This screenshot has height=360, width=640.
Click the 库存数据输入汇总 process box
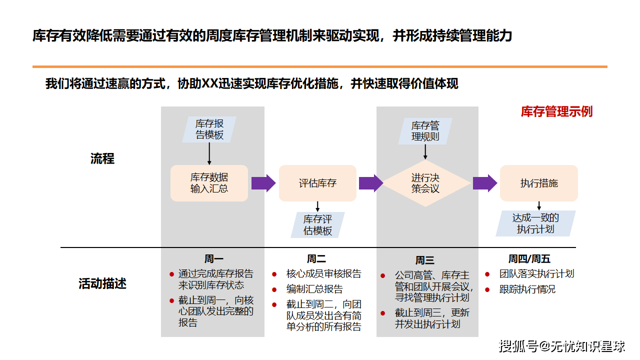(209, 183)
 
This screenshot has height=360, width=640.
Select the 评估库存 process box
(317, 183)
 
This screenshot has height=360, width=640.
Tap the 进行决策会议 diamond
(425, 183)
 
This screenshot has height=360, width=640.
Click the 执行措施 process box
(539, 183)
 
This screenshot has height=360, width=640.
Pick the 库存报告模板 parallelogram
(209, 129)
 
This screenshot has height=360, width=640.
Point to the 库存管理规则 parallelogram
(425, 131)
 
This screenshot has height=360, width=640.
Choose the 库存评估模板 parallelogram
(317, 225)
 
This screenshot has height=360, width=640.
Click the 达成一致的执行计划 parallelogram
(535, 223)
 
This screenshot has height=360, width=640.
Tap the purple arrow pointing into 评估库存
(263, 183)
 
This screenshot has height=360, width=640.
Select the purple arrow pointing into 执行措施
(485, 183)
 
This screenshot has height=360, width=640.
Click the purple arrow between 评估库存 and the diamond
(371, 183)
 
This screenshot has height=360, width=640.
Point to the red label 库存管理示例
(556, 111)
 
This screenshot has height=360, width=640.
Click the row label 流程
(102, 158)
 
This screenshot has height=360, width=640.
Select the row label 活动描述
(102, 283)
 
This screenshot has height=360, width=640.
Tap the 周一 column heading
(213, 259)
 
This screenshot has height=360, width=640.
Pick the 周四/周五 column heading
(529, 259)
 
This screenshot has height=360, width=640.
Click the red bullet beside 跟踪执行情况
(487, 289)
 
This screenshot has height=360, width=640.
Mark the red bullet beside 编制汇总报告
(274, 289)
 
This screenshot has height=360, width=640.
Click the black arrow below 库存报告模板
(209, 153)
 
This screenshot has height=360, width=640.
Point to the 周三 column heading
(424, 260)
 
